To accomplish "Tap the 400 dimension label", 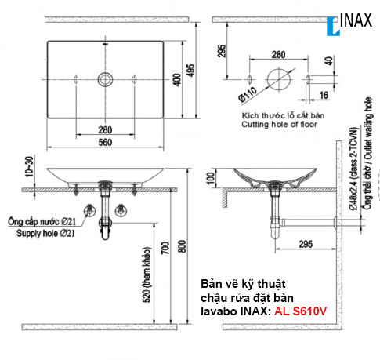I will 176,78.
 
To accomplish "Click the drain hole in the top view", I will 104,79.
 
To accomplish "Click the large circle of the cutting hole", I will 278,79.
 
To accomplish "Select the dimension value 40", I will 328,60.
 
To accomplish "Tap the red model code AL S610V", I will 301,311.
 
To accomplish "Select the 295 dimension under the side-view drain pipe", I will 290,243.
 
